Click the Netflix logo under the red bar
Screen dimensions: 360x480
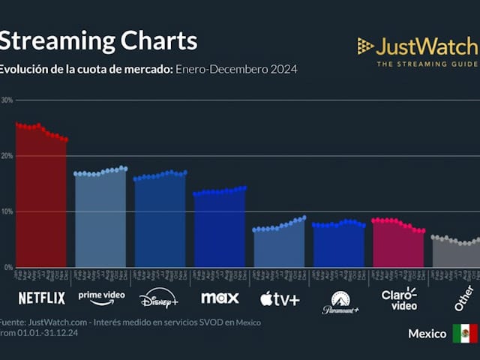(x=41, y=298)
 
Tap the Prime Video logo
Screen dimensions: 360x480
(x=101, y=297)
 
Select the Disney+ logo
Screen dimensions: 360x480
(x=159, y=298)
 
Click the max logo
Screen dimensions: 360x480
(x=220, y=298)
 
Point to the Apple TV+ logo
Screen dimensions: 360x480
(x=280, y=299)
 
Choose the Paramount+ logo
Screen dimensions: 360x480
(x=340, y=301)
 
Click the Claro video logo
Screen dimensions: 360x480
(x=399, y=298)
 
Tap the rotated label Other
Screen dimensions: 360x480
(x=463, y=298)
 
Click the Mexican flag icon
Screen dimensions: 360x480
(x=465, y=333)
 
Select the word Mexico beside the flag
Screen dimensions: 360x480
(x=427, y=333)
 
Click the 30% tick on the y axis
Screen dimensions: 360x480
(x=6, y=100)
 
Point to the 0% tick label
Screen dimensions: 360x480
(x=6, y=267)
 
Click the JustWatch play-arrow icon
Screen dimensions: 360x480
(x=365, y=46)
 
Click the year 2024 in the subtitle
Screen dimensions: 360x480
(x=284, y=70)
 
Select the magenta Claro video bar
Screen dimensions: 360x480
(x=398, y=244)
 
